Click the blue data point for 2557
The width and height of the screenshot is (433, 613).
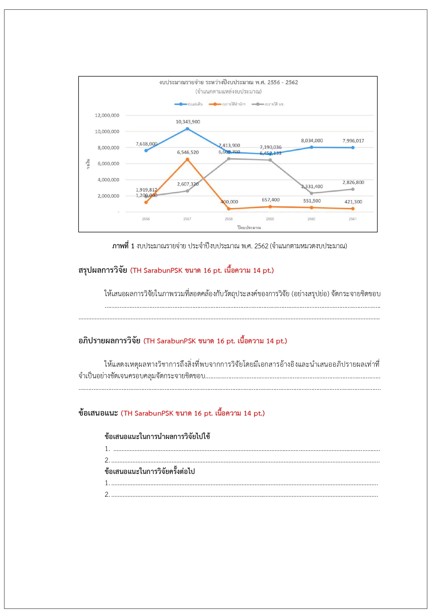click(187, 129)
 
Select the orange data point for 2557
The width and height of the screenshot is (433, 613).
click(187, 159)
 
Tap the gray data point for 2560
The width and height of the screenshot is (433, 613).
click(312, 193)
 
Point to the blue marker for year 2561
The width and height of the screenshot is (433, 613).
click(353, 147)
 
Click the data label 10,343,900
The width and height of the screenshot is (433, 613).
click(188, 122)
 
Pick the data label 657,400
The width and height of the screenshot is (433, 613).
click(270, 200)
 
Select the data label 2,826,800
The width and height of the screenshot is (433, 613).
click(353, 182)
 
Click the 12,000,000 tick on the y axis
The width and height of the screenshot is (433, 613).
click(107, 115)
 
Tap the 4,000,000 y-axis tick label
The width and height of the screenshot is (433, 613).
click(108, 180)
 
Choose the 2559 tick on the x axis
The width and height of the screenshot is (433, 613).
click(270, 219)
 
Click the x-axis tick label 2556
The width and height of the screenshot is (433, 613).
click(146, 219)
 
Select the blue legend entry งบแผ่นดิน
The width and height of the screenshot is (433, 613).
click(189, 104)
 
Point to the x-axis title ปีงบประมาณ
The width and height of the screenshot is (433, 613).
click(249, 227)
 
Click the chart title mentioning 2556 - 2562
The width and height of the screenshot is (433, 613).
click(229, 82)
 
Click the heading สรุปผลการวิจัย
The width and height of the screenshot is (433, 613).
click(103, 270)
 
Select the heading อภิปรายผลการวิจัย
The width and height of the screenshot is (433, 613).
click(109, 341)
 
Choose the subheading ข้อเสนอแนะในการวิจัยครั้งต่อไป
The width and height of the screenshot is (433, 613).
click(150, 472)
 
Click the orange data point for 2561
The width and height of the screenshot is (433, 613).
click(353, 209)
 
